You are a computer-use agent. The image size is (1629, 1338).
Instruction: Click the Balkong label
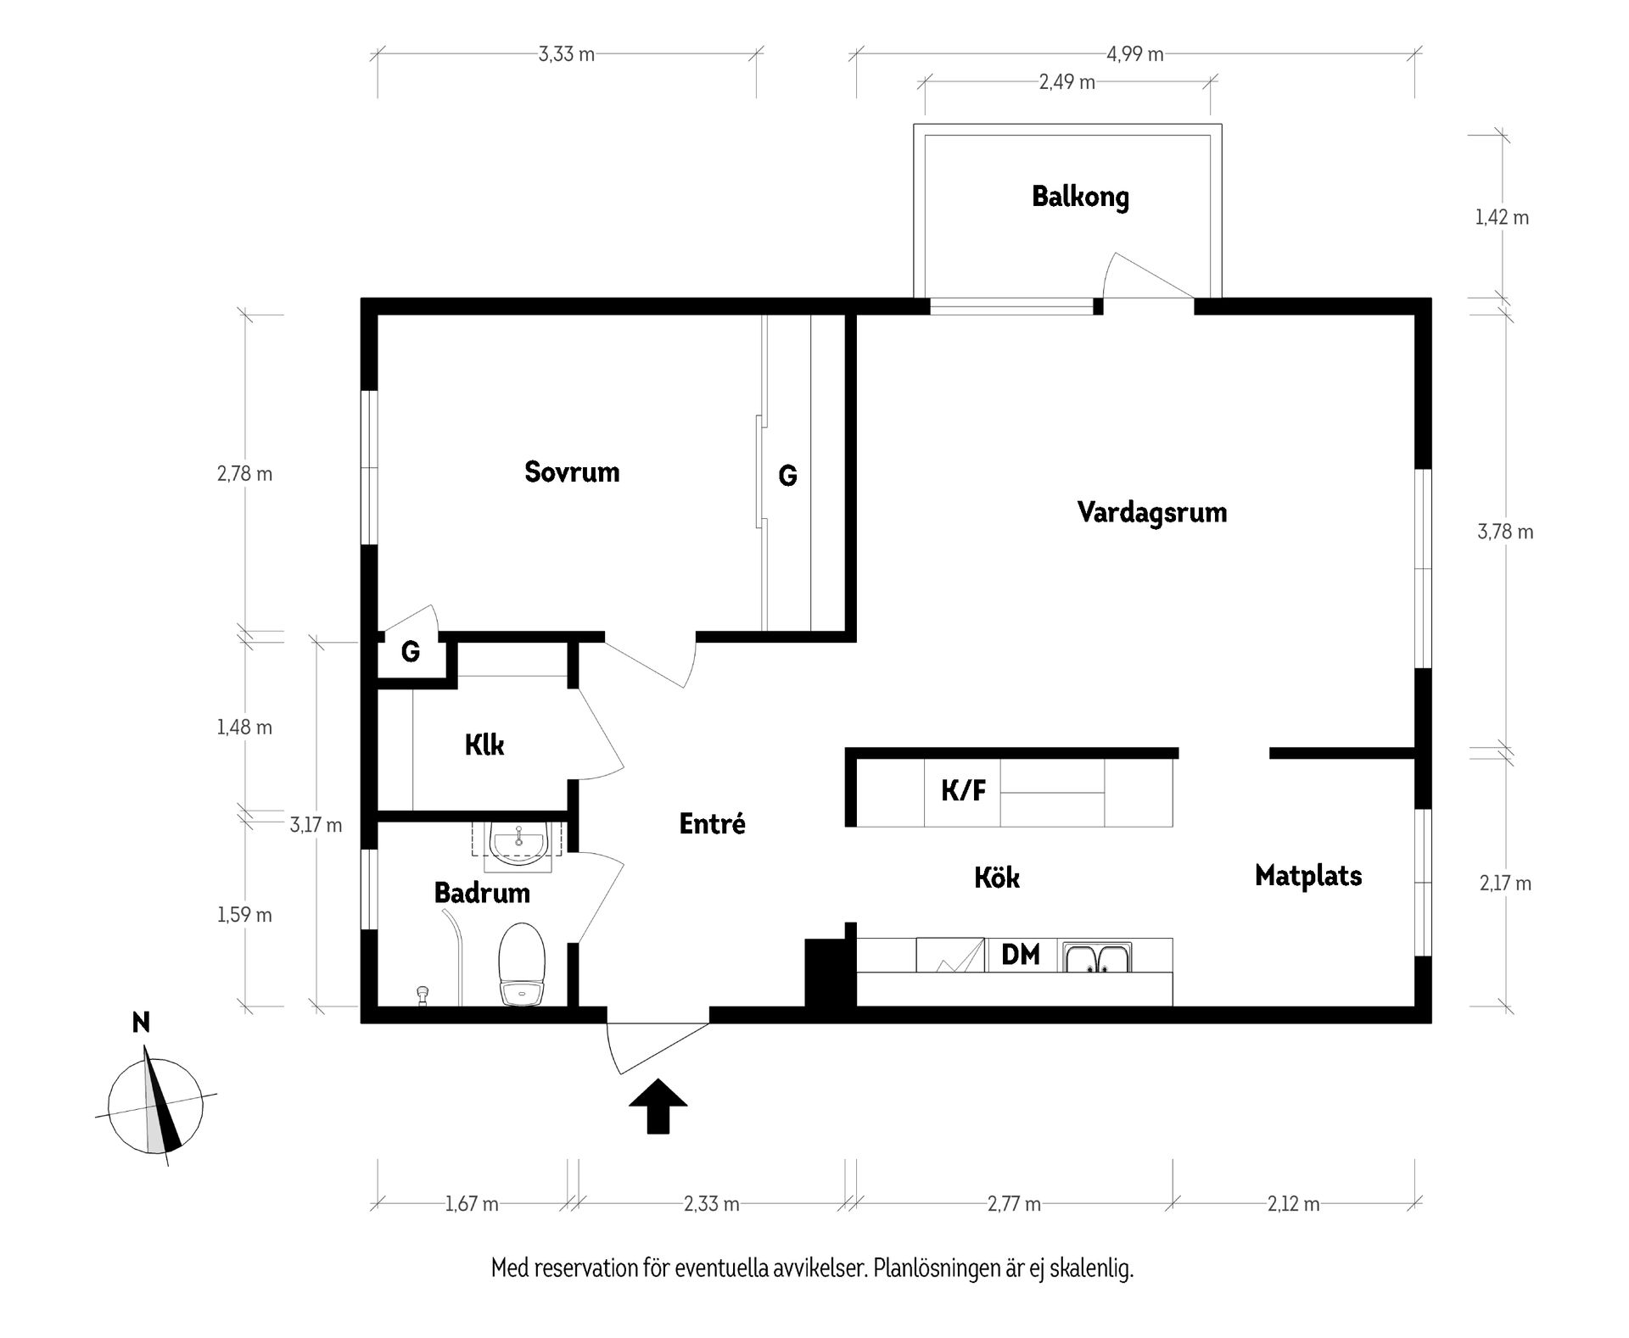[1080, 197]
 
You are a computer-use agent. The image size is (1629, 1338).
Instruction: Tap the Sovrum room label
[572, 471]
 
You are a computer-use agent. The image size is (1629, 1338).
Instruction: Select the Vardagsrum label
[1152, 512]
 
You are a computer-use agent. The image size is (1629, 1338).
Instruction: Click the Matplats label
[1308, 875]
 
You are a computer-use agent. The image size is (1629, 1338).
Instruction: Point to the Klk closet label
[484, 744]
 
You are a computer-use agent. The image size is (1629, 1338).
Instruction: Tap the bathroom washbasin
[518, 843]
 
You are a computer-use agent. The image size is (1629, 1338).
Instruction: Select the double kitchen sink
[1099, 956]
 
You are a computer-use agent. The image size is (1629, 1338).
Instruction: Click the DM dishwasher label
[1021, 955]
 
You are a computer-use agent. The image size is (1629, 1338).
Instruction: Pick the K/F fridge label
[964, 791]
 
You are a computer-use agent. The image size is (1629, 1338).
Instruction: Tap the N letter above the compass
[142, 1023]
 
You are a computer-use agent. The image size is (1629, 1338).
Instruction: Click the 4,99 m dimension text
[1135, 54]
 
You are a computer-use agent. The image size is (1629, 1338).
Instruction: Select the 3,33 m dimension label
[567, 54]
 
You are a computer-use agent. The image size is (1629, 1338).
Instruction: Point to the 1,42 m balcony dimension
[1502, 217]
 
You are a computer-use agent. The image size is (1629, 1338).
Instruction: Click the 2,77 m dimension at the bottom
[1014, 1204]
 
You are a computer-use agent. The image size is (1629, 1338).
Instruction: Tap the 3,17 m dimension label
[316, 825]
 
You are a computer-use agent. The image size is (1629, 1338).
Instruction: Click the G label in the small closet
[411, 652]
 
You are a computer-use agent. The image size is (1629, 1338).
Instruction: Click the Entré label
[713, 823]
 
